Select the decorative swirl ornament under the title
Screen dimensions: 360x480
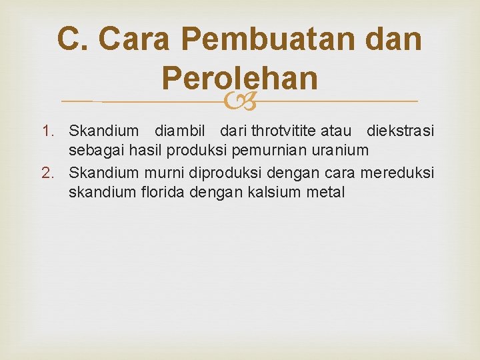click(x=239, y=101)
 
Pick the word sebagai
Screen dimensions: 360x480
click(x=93, y=151)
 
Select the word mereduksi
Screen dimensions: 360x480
click(x=397, y=173)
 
